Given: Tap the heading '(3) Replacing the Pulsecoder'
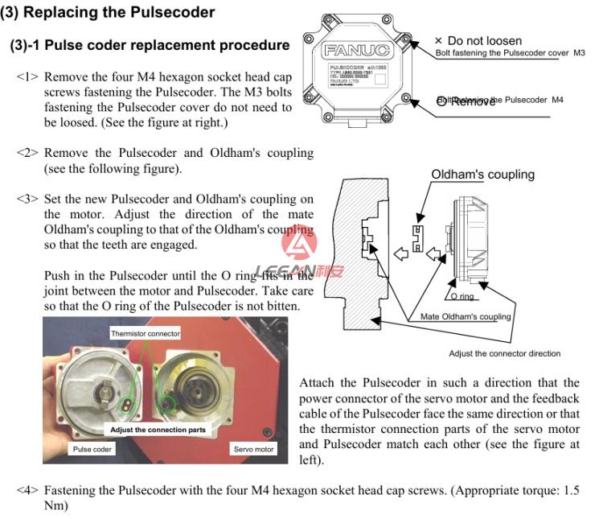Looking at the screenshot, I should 108,12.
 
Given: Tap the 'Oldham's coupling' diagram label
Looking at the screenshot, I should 482,175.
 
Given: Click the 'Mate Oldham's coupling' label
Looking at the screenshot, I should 466,316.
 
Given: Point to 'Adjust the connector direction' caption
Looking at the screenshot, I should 504,353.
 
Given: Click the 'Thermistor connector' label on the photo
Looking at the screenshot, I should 146,332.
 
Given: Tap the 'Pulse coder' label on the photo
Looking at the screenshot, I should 92,449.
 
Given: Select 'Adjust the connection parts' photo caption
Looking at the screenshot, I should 158,430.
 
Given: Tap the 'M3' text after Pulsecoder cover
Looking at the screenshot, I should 579,53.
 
